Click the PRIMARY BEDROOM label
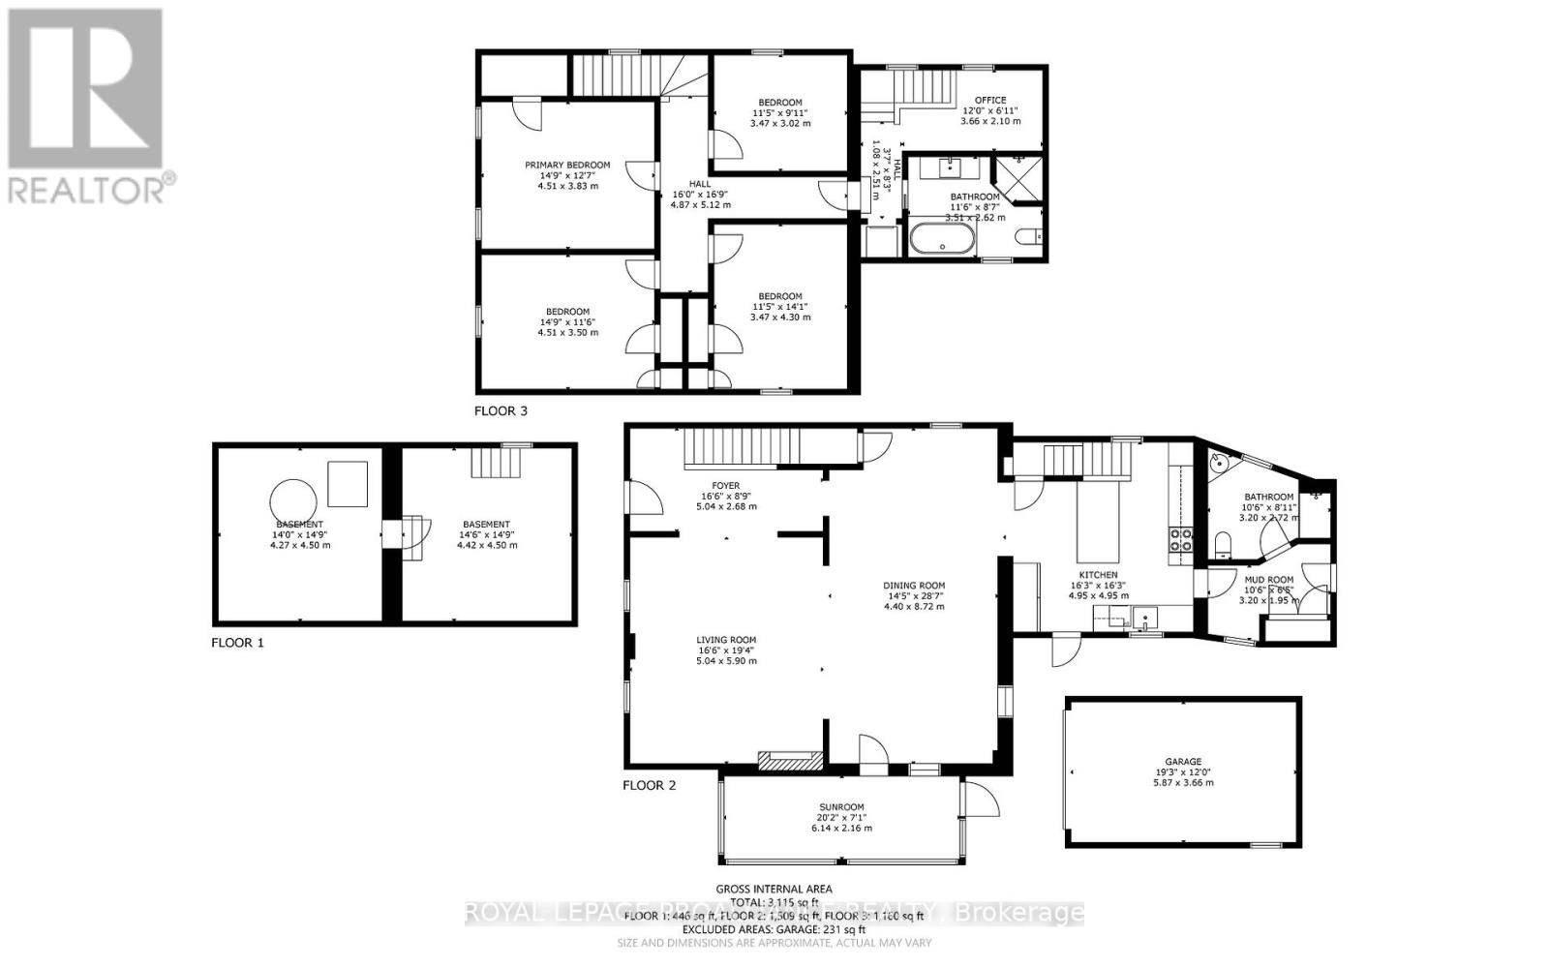click(x=567, y=166)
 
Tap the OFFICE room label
click(x=990, y=100)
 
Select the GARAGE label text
click(x=1182, y=762)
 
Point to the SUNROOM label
click(x=840, y=807)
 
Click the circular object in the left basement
click(x=293, y=503)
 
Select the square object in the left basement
click(x=348, y=484)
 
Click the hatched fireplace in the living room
click(x=789, y=761)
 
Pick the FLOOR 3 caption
click(x=501, y=410)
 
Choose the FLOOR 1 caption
click(x=237, y=642)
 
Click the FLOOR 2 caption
click(x=649, y=785)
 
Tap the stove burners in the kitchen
click(x=1180, y=540)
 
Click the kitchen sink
click(x=1146, y=618)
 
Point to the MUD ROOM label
click(x=1268, y=580)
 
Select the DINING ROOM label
click(x=913, y=586)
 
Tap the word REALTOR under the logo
click(x=85, y=188)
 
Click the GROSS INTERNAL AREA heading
click(x=774, y=889)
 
